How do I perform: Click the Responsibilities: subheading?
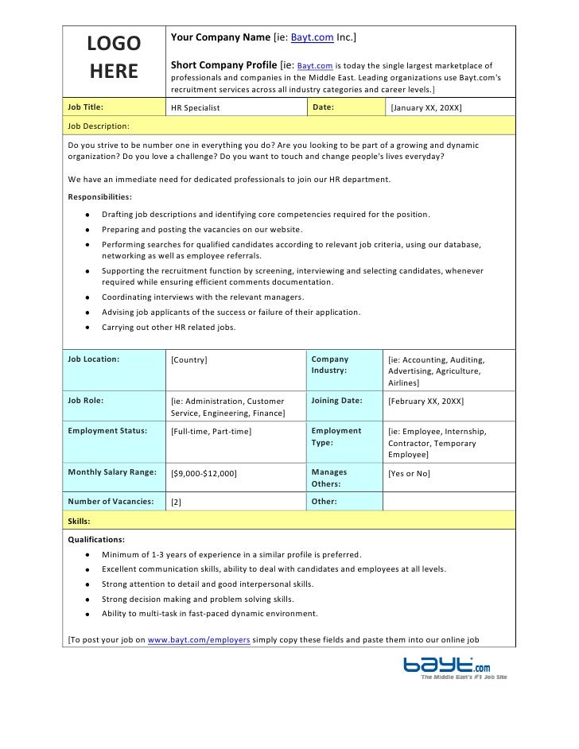[x=100, y=196]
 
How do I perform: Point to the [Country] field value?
[x=189, y=360]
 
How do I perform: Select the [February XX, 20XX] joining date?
[x=426, y=402]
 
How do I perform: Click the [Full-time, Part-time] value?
[x=212, y=432]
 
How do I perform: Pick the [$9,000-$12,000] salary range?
[x=204, y=473]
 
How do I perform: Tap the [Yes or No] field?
[x=408, y=473]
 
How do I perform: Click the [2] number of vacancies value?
[x=177, y=503]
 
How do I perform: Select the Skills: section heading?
[x=79, y=521]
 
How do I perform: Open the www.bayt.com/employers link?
[x=200, y=639]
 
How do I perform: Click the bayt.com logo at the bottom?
[x=453, y=665]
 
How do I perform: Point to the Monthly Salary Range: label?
[x=111, y=472]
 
